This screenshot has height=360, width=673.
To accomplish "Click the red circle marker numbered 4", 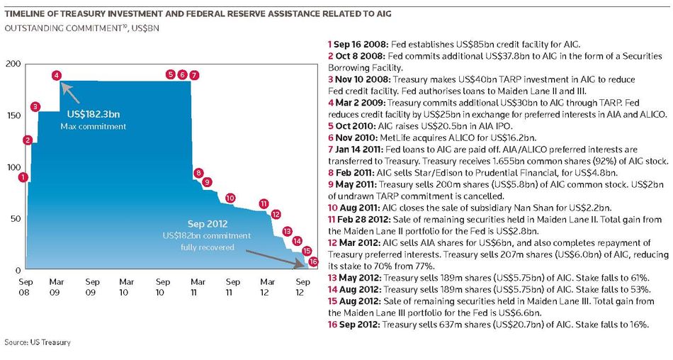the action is point(56,76).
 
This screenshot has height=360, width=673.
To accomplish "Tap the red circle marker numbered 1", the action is point(23,177).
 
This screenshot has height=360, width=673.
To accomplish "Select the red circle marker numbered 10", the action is point(230,198).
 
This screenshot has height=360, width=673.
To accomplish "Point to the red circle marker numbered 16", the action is point(313,261).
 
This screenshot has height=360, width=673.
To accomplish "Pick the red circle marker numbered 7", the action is point(194,76).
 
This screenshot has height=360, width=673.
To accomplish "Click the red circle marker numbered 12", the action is point(276,214).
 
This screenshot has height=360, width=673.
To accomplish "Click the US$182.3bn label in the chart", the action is point(94,114).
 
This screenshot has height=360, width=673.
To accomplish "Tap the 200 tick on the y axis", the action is point(13,64).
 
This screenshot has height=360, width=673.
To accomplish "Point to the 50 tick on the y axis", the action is point(16,219).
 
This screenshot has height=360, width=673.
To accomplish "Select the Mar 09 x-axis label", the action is point(56,287).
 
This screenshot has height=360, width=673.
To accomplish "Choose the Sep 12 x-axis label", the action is point(302,287).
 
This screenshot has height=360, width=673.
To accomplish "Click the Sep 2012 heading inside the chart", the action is point(208,224).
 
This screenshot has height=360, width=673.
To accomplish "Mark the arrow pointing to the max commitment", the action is point(71,94).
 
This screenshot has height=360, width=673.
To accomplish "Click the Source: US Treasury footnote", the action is point(38,342).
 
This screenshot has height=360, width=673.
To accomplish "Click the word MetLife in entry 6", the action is point(395,138).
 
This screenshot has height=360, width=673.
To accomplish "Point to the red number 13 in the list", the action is point(332,278).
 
